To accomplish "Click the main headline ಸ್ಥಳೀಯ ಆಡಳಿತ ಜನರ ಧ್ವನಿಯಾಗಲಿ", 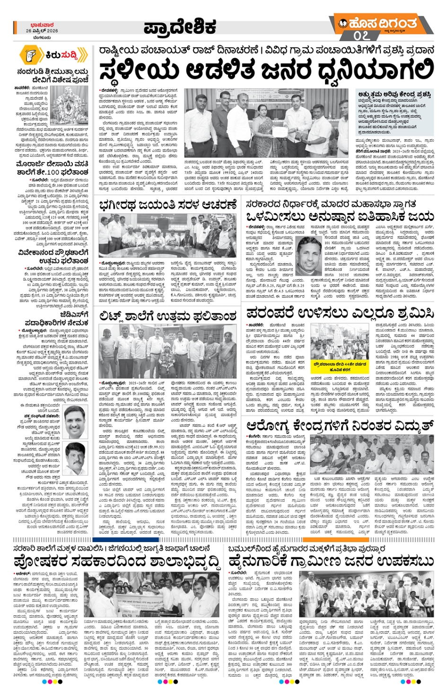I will pos(266,71).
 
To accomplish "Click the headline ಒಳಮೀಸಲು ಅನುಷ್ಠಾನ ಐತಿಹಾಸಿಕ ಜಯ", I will pos(340,216).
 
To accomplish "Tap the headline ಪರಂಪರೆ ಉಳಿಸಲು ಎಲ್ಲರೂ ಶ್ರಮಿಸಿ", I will pos(340,313).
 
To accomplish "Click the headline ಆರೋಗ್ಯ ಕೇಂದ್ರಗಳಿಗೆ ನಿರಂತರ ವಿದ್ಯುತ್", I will pos(340,426).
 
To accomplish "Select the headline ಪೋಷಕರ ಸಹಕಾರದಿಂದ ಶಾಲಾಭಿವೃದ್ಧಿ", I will pos(117,562).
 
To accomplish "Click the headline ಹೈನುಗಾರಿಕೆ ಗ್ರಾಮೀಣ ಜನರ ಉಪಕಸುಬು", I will pos(331,561).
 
